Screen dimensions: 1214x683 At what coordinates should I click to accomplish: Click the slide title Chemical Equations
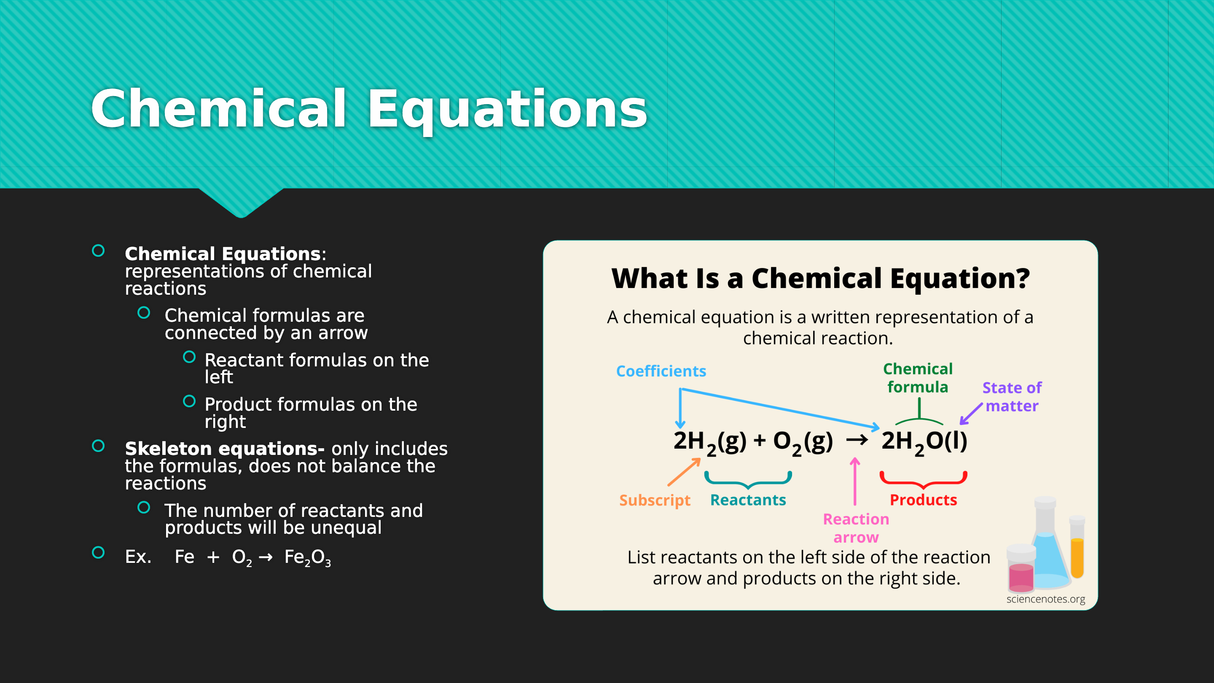point(369,109)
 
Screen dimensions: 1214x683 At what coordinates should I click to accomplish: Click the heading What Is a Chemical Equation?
point(820,278)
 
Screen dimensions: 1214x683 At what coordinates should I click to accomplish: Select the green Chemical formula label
point(918,378)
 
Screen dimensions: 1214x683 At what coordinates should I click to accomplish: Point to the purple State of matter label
point(1012,396)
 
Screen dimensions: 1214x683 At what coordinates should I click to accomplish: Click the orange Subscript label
point(655,500)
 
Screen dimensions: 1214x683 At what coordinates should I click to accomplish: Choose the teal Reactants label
point(748,500)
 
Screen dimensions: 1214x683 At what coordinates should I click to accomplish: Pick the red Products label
point(923,500)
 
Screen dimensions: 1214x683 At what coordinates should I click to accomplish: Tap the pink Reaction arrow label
point(856,528)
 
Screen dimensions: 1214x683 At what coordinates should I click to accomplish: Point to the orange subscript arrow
point(684,472)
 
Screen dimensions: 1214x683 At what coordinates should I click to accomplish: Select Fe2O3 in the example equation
point(307,558)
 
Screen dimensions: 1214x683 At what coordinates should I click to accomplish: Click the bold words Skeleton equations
point(224,449)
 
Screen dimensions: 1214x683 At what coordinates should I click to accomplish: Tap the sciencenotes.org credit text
point(1046,599)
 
